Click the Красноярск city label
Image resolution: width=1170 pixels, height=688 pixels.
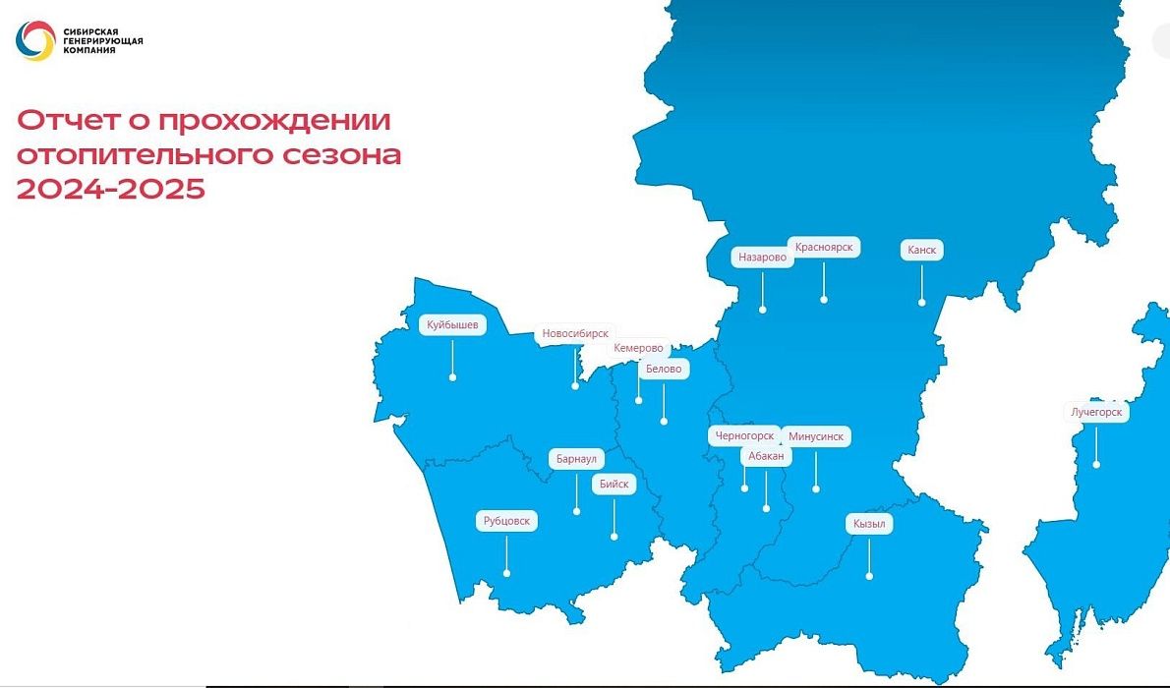[x=824, y=247]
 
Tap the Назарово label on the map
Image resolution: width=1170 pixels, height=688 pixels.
[x=763, y=258]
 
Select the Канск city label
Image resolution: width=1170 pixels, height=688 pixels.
[x=921, y=251]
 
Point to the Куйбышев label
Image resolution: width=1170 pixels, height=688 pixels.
[x=452, y=324]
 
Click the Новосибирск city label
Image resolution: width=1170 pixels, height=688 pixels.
[x=576, y=334]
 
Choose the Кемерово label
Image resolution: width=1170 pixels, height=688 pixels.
[x=638, y=348]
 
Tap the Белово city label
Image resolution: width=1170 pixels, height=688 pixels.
[x=664, y=370]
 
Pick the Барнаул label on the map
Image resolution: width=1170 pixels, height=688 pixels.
[x=576, y=459]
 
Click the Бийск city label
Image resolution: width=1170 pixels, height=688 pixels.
[x=614, y=485]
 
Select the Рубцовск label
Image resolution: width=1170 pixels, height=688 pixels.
[x=506, y=521]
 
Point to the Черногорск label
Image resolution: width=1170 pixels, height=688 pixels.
[x=744, y=435]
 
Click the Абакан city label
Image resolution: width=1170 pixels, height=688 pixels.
[x=766, y=456]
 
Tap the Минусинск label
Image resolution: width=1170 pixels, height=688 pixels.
[x=816, y=435]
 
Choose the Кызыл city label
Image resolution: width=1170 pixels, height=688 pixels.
[x=869, y=525]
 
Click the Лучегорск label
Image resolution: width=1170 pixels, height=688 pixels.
[x=1096, y=412]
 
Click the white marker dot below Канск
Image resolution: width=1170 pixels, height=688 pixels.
[x=922, y=304]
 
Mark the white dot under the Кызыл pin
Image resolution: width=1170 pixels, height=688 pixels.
[x=869, y=576]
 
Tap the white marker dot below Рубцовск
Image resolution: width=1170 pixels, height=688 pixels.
[x=507, y=573]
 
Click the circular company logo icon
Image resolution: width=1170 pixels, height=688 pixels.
[x=35, y=41]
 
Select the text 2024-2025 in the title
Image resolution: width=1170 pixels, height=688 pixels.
[x=110, y=189]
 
